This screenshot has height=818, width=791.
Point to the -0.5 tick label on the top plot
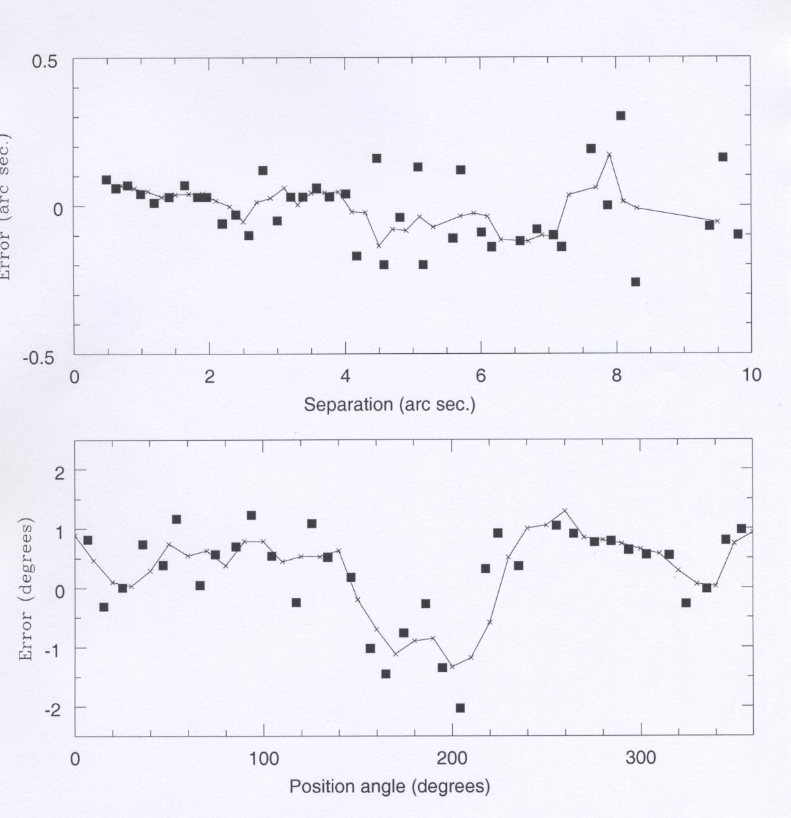pos(41,357)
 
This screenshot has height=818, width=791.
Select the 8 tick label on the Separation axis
pos(616,376)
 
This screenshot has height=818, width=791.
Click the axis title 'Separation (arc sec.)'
pos(389,405)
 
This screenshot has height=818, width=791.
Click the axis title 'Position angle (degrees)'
pos(389,786)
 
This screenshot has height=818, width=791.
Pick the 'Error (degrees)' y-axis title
pos(26,589)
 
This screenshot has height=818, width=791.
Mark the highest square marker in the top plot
pos(621,116)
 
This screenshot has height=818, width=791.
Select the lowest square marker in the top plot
pos(635,282)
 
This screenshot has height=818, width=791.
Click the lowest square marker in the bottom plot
pos(460,708)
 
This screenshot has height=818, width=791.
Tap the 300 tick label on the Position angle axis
pos(640,759)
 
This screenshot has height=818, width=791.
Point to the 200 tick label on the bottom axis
pos(452,759)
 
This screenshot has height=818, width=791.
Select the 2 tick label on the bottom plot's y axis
pos(59,472)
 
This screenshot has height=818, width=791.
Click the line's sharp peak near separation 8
pos(609,154)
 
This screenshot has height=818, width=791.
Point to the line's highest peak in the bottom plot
pos(565,511)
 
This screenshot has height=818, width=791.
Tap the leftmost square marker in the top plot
pos(106,180)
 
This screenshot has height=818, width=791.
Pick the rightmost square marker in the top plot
pos(738,233)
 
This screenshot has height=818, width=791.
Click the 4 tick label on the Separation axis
pos(345,376)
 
